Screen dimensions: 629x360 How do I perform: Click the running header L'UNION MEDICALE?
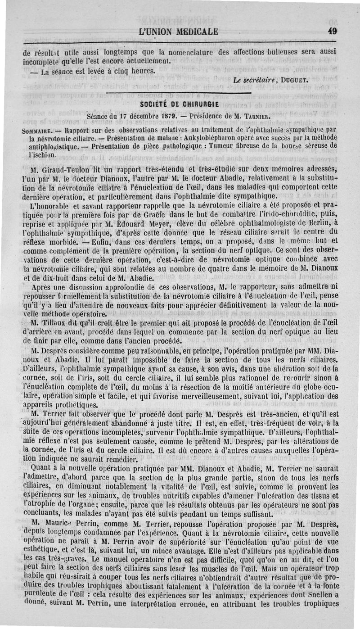tap(179, 32)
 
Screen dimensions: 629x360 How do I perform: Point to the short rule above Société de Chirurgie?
tap(179, 94)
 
